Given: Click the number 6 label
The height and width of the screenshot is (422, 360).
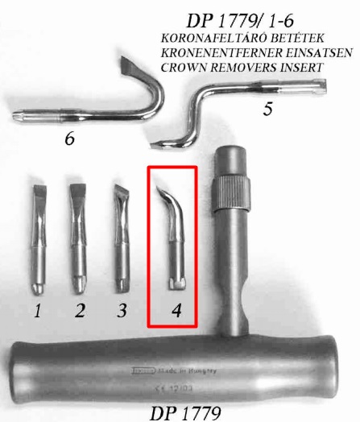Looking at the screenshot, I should [70, 140].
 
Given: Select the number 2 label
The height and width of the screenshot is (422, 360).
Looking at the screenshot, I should [79, 311].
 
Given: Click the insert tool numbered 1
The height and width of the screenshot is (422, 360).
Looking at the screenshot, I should [39, 242].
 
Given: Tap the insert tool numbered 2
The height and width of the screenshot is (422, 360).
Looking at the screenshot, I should [79, 242].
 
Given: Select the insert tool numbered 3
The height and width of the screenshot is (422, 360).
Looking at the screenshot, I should [122, 242].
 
